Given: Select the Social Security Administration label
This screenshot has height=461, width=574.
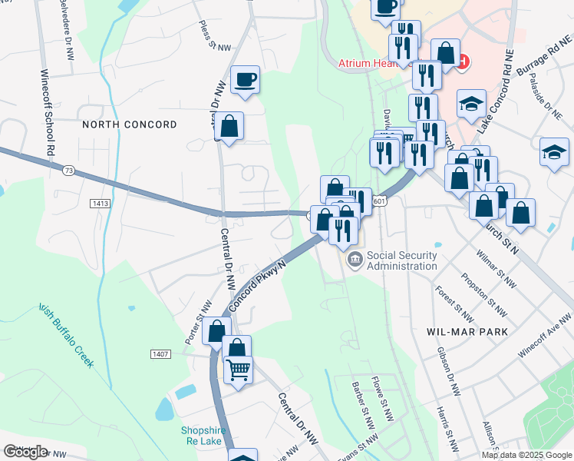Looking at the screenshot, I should pos(401,260).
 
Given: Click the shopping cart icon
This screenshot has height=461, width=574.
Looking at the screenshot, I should pos(238,370).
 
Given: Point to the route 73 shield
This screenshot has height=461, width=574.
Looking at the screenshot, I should pos(70,170).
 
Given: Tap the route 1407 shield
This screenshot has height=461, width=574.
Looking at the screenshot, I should pos(160,353).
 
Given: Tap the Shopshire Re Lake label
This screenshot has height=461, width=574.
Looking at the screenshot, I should pos(201,436).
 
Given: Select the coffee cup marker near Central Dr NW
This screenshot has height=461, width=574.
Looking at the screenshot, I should pos(245,79).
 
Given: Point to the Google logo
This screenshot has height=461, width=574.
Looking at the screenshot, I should pos(25,452).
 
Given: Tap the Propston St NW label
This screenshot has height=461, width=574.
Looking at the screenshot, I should pos(484,294).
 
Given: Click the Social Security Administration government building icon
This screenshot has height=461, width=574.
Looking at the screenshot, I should pos(355,260).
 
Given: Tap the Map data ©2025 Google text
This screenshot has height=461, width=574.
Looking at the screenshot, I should pos(526,454).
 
